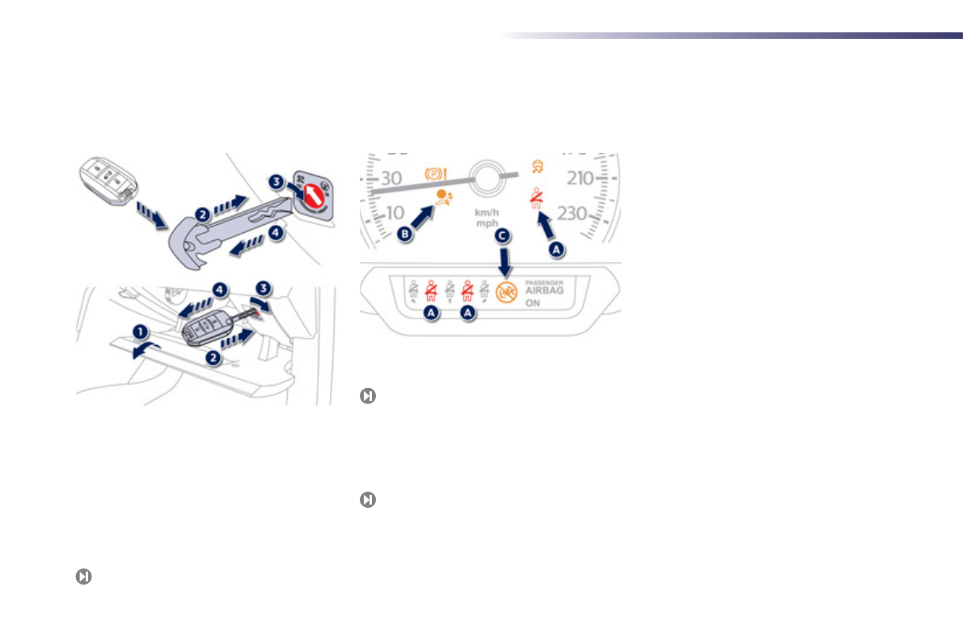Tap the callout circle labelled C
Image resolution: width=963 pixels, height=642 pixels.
pyautogui.click(x=503, y=236)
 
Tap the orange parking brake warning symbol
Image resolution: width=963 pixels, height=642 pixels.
pyautogui.click(x=437, y=173)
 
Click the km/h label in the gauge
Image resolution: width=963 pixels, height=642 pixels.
pyautogui.click(x=487, y=212)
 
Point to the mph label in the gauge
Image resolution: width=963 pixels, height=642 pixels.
pyautogui.click(x=487, y=222)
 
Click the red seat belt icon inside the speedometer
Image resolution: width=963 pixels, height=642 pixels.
pyautogui.click(x=535, y=199)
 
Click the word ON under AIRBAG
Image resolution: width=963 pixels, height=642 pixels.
pyautogui.click(x=534, y=304)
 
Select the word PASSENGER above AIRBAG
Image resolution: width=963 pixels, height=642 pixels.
pyautogui.click(x=544, y=281)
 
